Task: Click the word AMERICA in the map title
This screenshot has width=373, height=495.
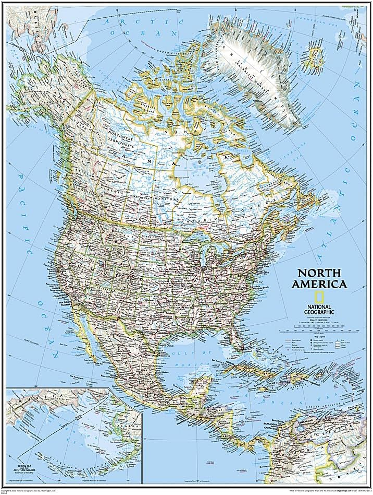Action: click(319, 285)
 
